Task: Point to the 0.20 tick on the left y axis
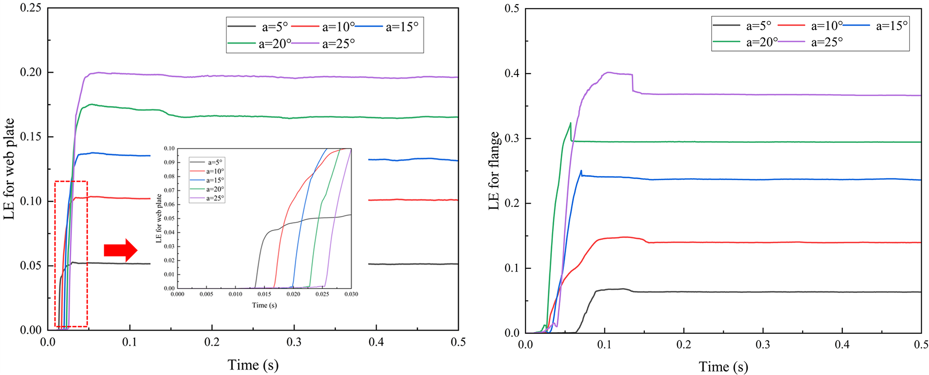(x=31, y=72)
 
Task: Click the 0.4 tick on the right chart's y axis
(x=512, y=74)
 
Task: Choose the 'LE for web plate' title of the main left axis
(x=9, y=169)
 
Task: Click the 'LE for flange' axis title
(x=494, y=171)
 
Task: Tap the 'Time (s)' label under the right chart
(x=723, y=367)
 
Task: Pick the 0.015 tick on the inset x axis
(x=264, y=294)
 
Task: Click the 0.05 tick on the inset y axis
(x=169, y=218)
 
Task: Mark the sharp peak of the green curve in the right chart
(x=570, y=123)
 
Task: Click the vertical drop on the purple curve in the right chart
(x=632, y=83)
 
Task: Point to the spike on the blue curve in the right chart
(x=581, y=171)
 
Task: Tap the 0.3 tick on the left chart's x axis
(x=294, y=342)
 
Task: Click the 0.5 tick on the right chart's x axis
(x=921, y=345)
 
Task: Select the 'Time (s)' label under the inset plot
(x=264, y=305)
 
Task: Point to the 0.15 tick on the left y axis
(x=31, y=136)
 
